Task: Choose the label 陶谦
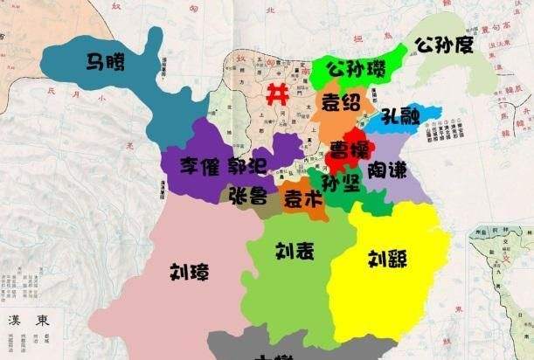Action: tap(386, 168)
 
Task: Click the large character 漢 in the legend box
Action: tap(15, 321)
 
